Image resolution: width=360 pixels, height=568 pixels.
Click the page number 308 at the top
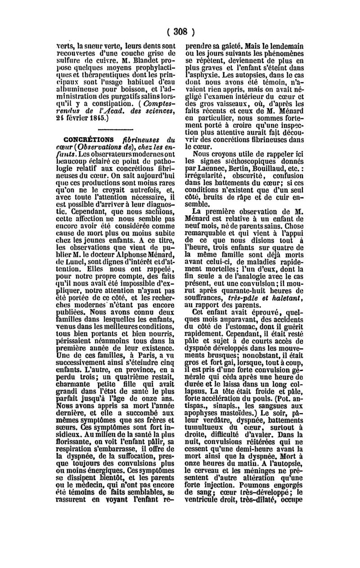180,32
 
